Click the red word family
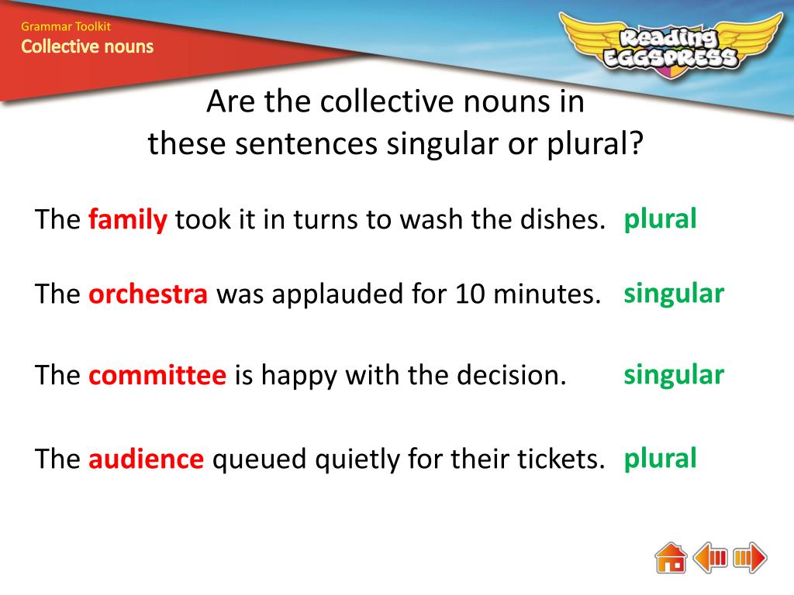pyautogui.click(x=128, y=221)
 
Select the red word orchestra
pyautogui.click(x=148, y=295)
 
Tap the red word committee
pyautogui.click(x=157, y=376)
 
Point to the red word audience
pyautogui.click(x=146, y=459)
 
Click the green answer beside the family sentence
pyautogui.click(x=660, y=219)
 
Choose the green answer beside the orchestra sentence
pyautogui.click(x=674, y=294)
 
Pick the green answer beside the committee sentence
pyautogui.click(x=674, y=375)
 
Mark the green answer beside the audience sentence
pyautogui.click(x=660, y=458)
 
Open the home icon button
pyautogui.click(x=671, y=558)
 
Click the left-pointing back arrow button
pyautogui.click(x=709, y=558)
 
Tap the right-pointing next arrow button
pyautogui.click(x=750, y=558)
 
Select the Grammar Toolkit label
pyautogui.click(x=66, y=27)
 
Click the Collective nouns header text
pyautogui.click(x=87, y=46)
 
